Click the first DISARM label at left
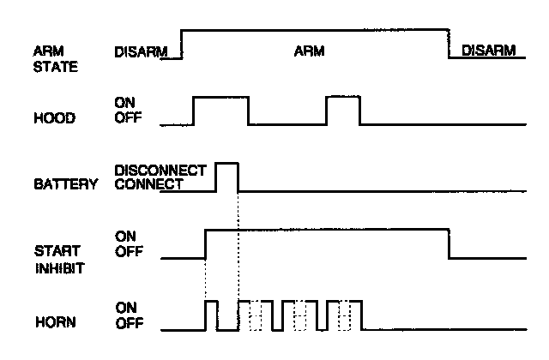tap(139, 51)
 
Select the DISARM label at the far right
tap(486, 51)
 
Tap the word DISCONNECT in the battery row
tap(160, 171)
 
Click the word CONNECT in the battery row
tap(148, 183)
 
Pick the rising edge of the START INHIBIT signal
tap(205, 243)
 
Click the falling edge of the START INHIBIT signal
tap(449, 243)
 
